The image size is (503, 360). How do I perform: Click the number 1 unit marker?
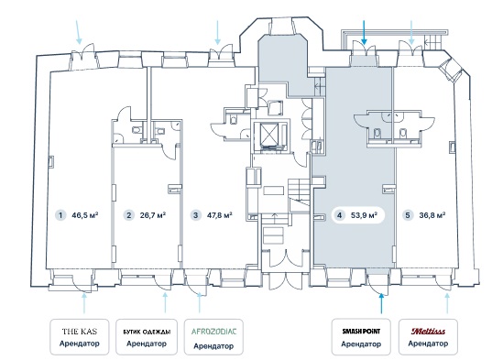(60, 215)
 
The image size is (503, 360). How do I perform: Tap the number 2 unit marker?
(128, 215)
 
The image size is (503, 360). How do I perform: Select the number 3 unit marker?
(196, 215)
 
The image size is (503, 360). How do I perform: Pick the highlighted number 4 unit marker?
(339, 215)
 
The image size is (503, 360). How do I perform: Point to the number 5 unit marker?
(408, 215)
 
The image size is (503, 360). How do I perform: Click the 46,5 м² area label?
(84, 215)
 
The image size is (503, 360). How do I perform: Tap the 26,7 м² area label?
(153, 215)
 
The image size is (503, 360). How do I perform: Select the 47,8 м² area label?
(220, 215)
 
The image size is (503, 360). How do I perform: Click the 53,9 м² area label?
(364, 215)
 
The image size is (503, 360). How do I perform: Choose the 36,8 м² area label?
(432, 215)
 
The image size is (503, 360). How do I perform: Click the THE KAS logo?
(79, 332)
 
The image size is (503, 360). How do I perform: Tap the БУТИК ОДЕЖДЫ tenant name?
(147, 332)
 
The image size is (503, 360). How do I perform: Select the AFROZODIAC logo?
(213, 332)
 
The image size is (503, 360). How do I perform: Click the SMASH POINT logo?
(361, 331)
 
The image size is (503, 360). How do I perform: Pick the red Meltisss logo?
(428, 331)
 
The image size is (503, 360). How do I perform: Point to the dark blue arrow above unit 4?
(364, 32)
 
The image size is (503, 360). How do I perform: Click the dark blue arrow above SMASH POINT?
(381, 303)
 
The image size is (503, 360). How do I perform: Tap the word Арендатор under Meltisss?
(428, 344)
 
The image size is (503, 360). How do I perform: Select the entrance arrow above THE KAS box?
(84, 303)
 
